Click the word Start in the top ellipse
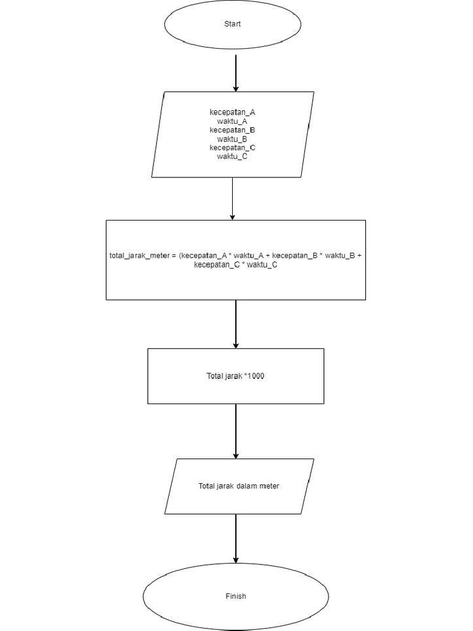pyautogui.click(x=232, y=24)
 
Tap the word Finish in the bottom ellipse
pyautogui.click(x=235, y=596)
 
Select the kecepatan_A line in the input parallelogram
pyautogui.click(x=232, y=113)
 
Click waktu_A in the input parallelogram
pyautogui.click(x=232, y=121)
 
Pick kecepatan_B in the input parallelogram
pyautogui.click(x=232, y=130)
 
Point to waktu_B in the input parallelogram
pyautogui.click(x=232, y=139)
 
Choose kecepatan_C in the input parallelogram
pyautogui.click(x=232, y=148)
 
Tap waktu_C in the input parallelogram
pyautogui.click(x=232, y=157)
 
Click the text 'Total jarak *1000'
pyautogui.click(x=235, y=376)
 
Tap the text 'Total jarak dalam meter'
pyautogui.click(x=238, y=486)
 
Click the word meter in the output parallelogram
pyautogui.click(x=269, y=486)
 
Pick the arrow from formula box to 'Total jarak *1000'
pyautogui.click(x=235, y=324)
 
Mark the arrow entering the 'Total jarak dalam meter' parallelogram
pyautogui.click(x=235, y=431)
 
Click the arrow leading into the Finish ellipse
pyautogui.click(x=235, y=539)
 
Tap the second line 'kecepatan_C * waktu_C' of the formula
pyautogui.click(x=235, y=265)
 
